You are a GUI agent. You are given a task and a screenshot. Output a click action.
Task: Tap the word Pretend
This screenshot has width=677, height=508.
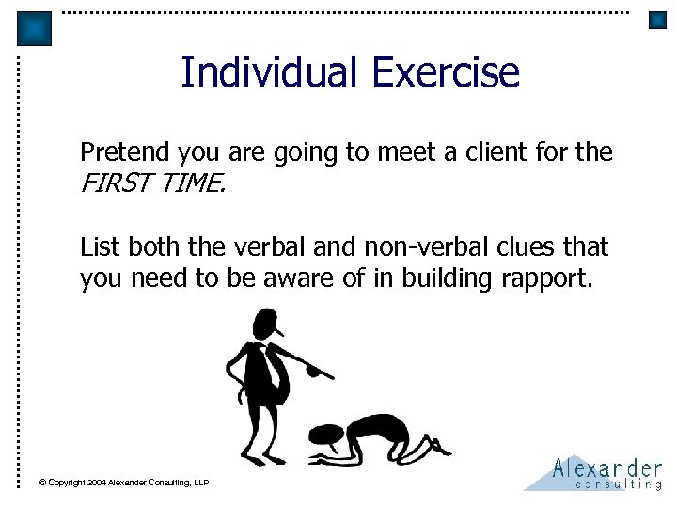coord(119,151)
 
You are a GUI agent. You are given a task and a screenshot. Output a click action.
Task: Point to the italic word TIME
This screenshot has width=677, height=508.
coord(192,184)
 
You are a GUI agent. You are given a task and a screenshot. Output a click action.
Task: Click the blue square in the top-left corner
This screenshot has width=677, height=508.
coord(35,28)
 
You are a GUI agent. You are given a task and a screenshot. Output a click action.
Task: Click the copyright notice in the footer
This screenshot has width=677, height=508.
coord(123,483)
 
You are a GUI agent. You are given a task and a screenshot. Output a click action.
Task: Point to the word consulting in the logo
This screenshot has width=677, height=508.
coord(617,484)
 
